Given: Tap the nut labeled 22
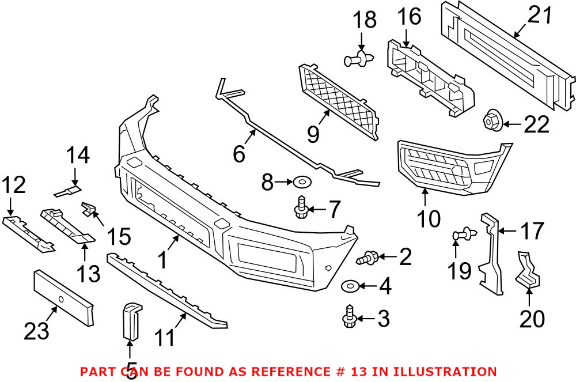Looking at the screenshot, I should point(492,119).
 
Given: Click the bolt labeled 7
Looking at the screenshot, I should point(300,208).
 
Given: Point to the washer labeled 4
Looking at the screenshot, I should point(350,285).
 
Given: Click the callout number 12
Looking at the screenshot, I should point(13,186).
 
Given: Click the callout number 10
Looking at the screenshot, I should point(427,218).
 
